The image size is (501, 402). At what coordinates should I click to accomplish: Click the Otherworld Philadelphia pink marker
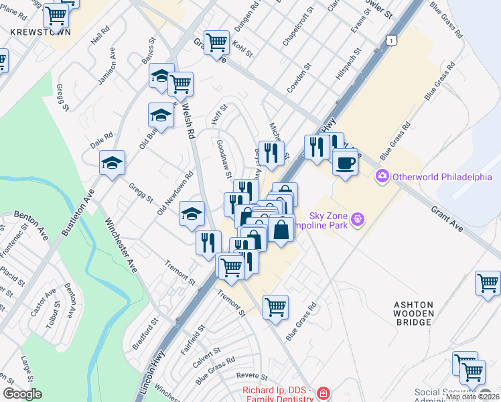[x=382, y=176]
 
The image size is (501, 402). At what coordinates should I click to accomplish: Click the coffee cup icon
[x=345, y=163]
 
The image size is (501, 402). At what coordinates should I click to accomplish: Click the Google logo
[x=22, y=394]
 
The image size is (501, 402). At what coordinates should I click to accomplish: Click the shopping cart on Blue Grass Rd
[x=275, y=308]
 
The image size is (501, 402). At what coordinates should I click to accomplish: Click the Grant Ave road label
[x=447, y=219]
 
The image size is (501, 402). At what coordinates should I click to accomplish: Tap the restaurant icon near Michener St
[x=271, y=153]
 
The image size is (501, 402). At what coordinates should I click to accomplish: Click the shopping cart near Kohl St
[x=216, y=43]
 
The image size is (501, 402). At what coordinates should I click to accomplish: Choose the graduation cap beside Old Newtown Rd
[x=192, y=214]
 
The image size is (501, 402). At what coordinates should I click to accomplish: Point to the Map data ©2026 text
[x=472, y=397]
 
